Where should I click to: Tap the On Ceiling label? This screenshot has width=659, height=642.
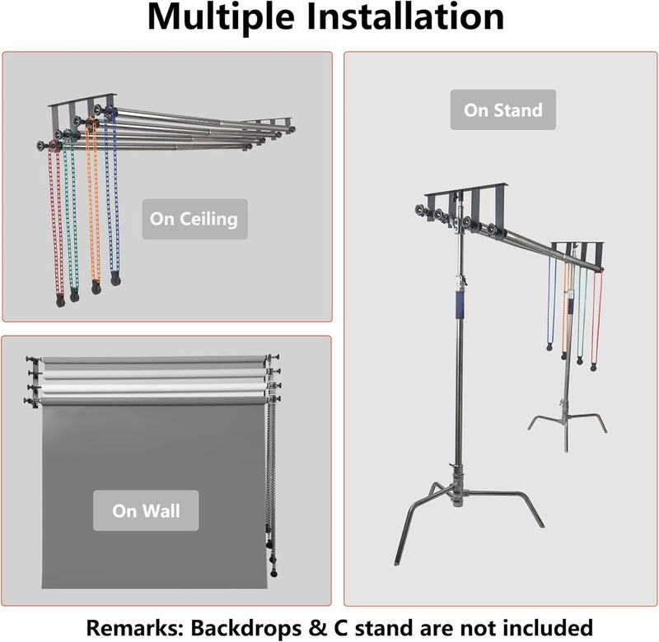coord(194,219)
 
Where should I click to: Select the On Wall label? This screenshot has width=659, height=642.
coord(146,510)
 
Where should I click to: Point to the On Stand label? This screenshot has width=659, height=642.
coord(502,109)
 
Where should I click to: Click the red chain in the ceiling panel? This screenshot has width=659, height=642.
coord(57,222)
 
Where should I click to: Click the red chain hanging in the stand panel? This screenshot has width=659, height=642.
coord(596,313)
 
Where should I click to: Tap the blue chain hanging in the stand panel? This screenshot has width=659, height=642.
coord(551,305)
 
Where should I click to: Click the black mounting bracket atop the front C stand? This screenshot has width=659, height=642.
coord(465,198)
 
